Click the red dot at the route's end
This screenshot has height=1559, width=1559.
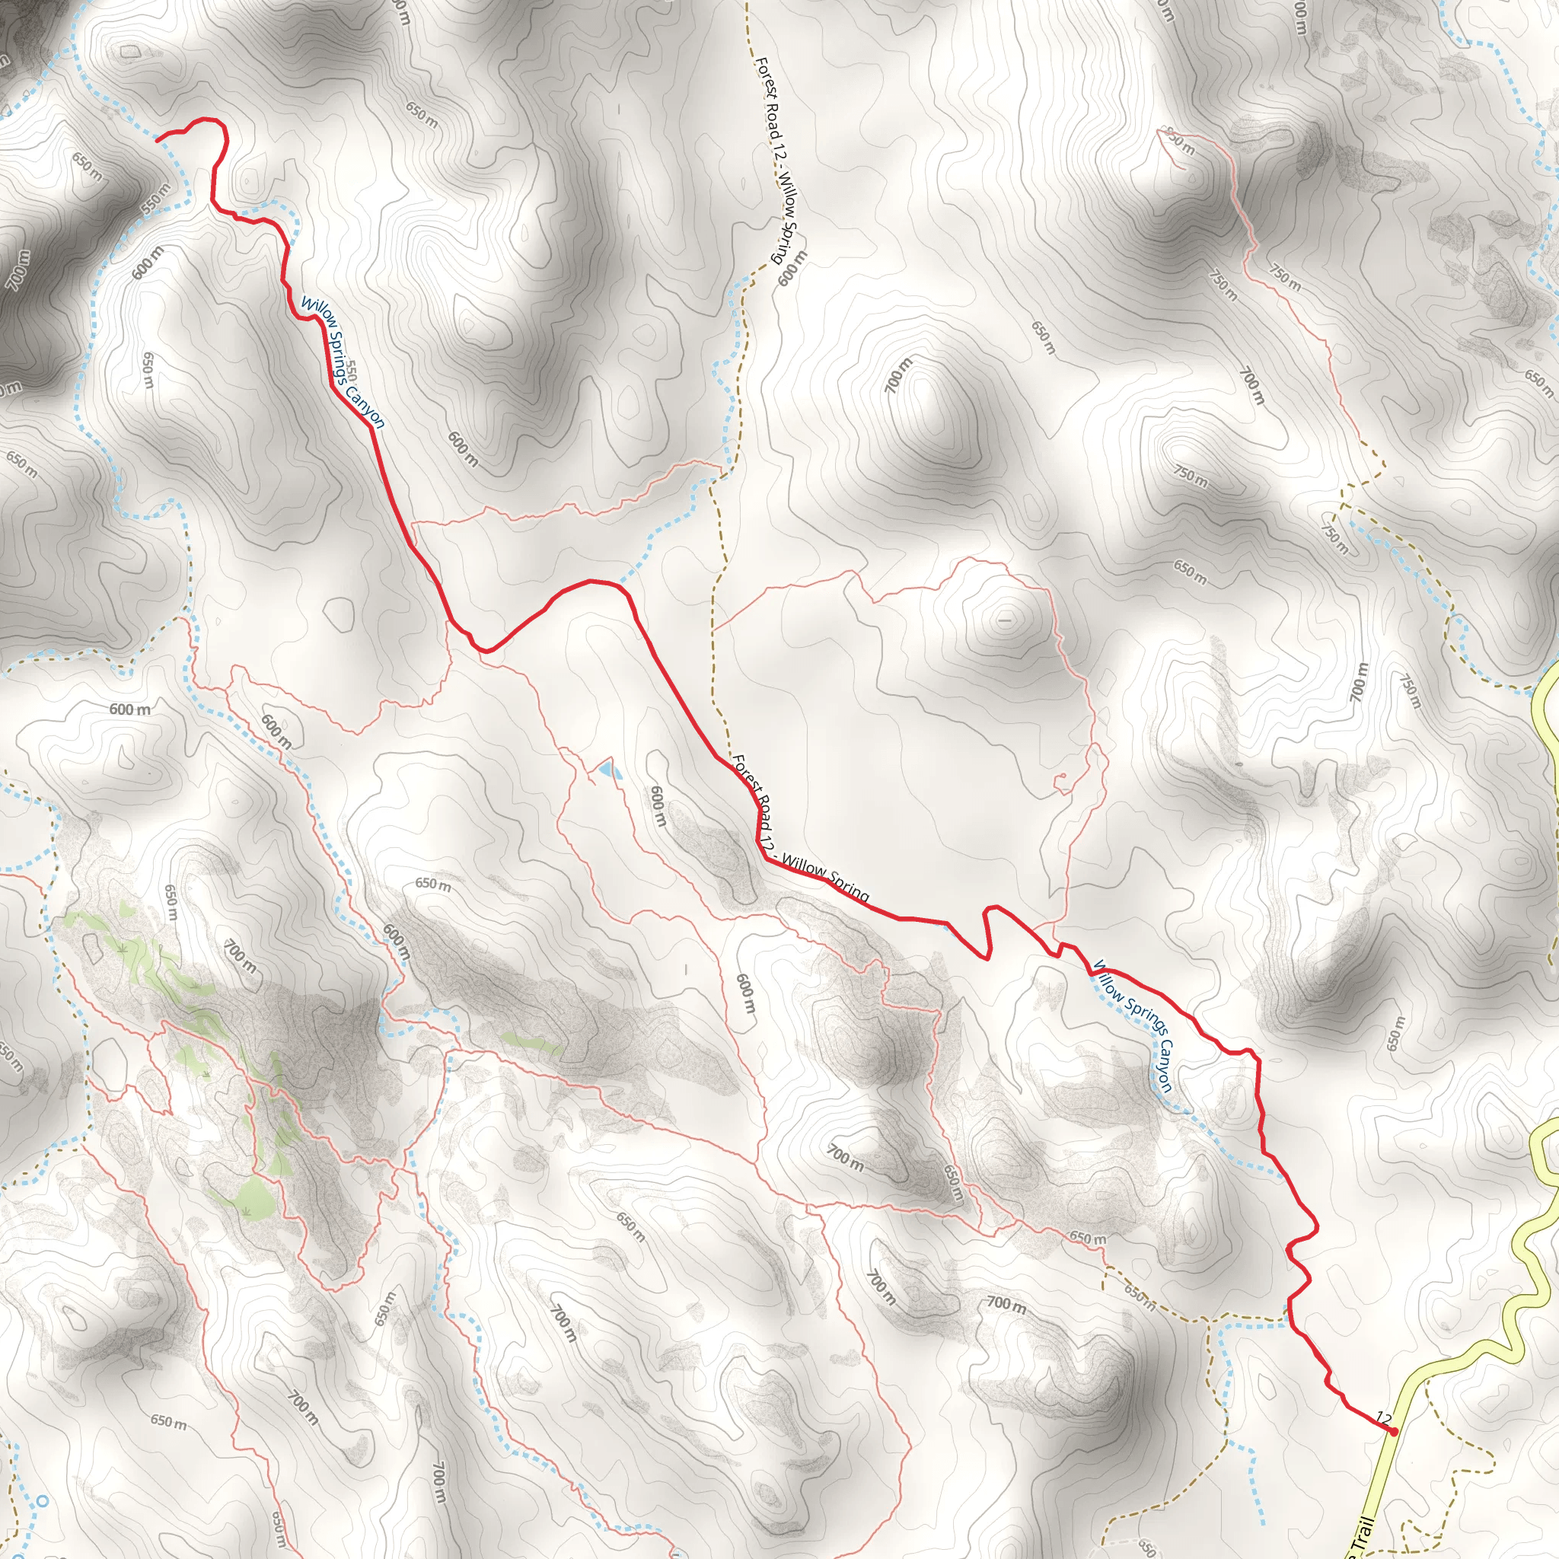point(1394,1432)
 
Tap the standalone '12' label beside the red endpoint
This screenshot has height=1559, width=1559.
point(1384,1417)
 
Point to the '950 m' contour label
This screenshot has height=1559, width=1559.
point(1178,142)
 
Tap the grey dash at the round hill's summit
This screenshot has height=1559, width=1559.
point(1005,621)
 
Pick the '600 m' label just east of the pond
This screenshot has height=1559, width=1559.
point(658,806)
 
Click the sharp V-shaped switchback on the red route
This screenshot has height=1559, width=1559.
point(987,958)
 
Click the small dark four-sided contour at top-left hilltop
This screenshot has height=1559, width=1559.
point(129,53)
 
